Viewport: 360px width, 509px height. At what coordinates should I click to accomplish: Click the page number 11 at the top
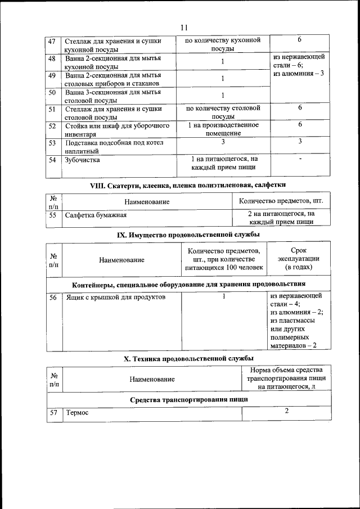click(184, 28)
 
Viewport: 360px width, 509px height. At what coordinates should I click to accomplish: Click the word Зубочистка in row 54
click(82, 160)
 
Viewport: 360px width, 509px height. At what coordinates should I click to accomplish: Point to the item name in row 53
click(113, 146)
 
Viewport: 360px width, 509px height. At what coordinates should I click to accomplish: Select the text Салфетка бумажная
click(95, 215)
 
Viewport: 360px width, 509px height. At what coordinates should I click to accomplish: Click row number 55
click(53, 215)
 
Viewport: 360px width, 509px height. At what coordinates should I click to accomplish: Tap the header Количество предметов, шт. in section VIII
click(281, 201)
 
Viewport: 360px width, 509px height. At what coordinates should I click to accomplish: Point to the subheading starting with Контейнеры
click(188, 283)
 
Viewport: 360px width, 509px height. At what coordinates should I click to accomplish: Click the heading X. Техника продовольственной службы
click(188, 358)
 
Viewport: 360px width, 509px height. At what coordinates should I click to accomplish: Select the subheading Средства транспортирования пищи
click(188, 399)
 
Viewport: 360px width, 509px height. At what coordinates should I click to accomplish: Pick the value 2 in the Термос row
click(286, 412)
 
